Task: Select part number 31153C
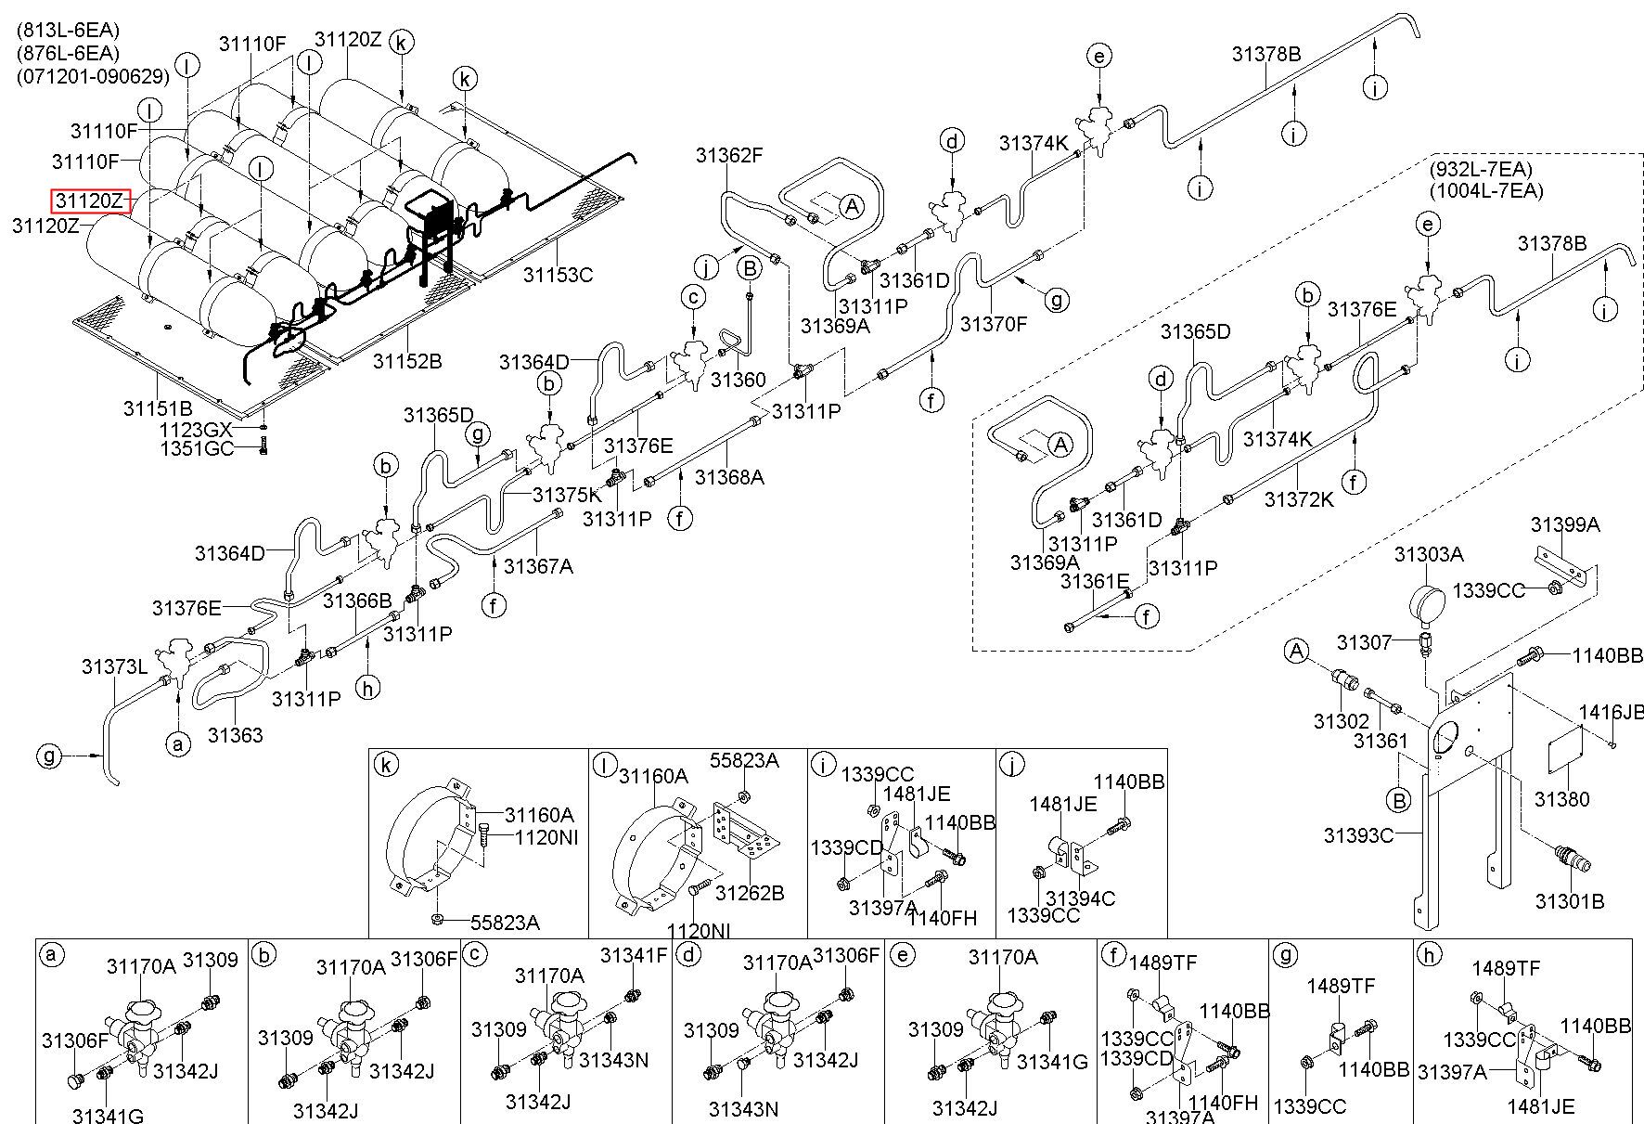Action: click(x=557, y=274)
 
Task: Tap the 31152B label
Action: click(x=407, y=360)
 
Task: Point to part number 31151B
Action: click(x=158, y=407)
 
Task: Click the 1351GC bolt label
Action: click(x=195, y=450)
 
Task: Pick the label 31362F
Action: click(x=729, y=155)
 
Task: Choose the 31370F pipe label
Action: click(x=994, y=324)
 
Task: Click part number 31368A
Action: click(x=729, y=477)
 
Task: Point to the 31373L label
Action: click(x=114, y=666)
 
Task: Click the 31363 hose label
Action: click(x=235, y=735)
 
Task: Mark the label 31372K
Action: click(x=1299, y=499)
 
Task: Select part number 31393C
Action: click(x=1358, y=835)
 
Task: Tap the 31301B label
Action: click(x=1569, y=900)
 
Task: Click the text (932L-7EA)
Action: click(x=1481, y=169)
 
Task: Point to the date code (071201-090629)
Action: click(x=93, y=76)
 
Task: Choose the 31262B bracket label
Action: click(x=750, y=893)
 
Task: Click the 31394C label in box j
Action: click(x=1080, y=898)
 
